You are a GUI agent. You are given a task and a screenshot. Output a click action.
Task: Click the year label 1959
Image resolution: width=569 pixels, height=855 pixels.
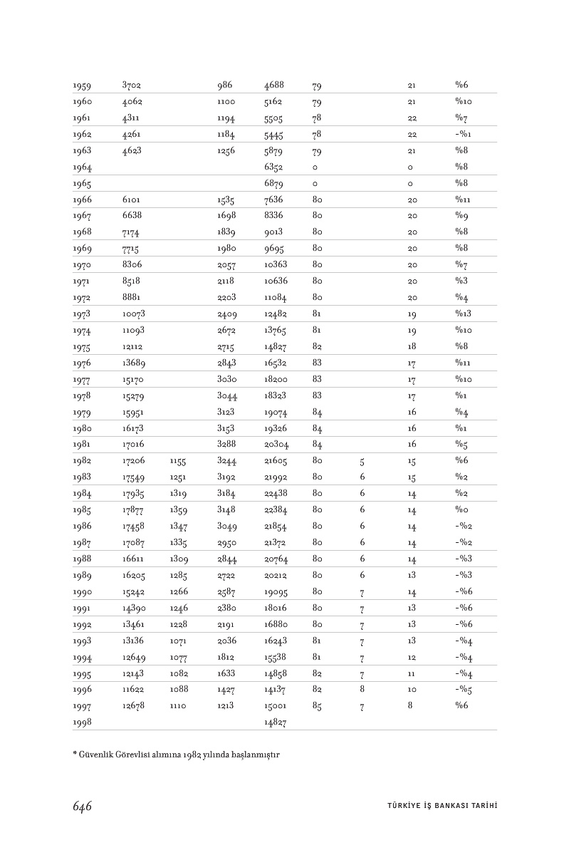(81, 86)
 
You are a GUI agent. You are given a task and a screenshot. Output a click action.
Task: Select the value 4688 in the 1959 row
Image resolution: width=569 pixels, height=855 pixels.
(273, 86)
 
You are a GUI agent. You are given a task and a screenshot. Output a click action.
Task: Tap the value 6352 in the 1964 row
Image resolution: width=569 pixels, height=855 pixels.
(273, 167)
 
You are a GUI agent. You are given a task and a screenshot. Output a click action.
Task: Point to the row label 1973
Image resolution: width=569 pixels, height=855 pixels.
(81, 314)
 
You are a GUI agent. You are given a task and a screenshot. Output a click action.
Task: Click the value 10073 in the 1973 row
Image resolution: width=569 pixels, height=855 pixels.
(134, 314)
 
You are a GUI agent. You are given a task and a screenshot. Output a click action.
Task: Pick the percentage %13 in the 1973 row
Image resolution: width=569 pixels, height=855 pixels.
(463, 314)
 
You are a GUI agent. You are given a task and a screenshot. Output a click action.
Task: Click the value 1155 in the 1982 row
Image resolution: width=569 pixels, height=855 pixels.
(178, 461)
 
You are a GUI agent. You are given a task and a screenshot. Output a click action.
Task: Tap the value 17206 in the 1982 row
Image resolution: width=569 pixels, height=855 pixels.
(134, 461)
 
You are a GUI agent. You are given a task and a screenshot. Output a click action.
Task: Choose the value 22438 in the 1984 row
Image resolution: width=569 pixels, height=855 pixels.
(276, 493)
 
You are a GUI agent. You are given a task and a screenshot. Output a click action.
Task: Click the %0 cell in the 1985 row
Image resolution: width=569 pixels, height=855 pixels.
(462, 509)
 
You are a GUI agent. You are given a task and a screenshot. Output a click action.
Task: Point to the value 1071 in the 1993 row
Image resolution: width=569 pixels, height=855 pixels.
(178, 641)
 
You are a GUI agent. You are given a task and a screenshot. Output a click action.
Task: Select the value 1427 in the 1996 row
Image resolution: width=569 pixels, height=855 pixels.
(226, 690)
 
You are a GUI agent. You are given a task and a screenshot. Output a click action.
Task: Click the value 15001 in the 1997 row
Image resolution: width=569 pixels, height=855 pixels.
(276, 706)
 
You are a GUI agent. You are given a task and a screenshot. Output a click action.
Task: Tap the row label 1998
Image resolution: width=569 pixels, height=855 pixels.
(81, 722)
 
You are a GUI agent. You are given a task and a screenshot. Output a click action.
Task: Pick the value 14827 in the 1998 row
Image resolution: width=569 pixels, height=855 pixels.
(276, 722)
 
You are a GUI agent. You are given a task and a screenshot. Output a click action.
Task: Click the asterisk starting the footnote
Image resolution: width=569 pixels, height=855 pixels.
(74, 755)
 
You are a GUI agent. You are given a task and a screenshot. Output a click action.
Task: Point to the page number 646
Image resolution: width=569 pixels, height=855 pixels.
(83, 806)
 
